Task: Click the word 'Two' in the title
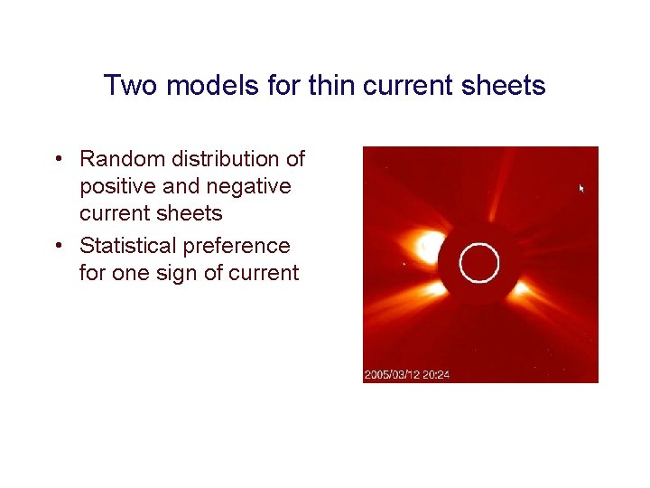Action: point(126,86)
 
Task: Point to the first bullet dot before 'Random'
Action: point(57,160)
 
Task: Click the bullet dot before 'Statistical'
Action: point(57,247)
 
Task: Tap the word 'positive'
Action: point(122,187)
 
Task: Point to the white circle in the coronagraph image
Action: point(478,263)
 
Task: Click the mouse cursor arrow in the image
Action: point(581,188)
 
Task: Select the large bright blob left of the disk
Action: point(427,247)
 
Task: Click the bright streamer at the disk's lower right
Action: point(521,291)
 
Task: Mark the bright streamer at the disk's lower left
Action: point(433,289)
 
